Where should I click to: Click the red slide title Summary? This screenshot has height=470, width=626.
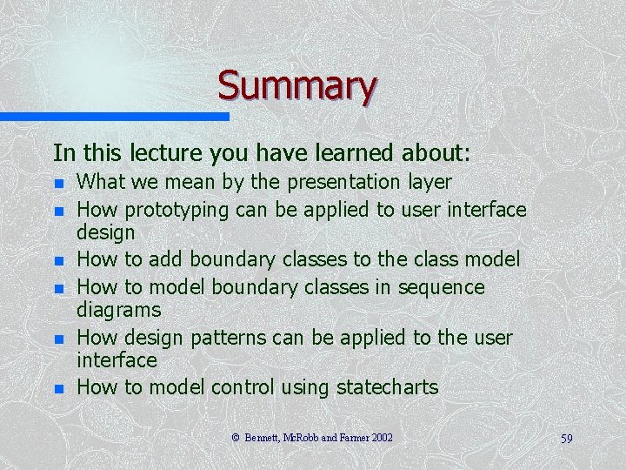(x=296, y=85)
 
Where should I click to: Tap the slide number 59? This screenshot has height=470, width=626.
(x=566, y=438)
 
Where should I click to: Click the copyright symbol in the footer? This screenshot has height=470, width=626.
(x=236, y=437)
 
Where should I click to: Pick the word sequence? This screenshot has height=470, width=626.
(x=441, y=286)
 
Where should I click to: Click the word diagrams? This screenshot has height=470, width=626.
(x=119, y=310)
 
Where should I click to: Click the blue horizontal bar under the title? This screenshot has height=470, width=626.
(x=113, y=116)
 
